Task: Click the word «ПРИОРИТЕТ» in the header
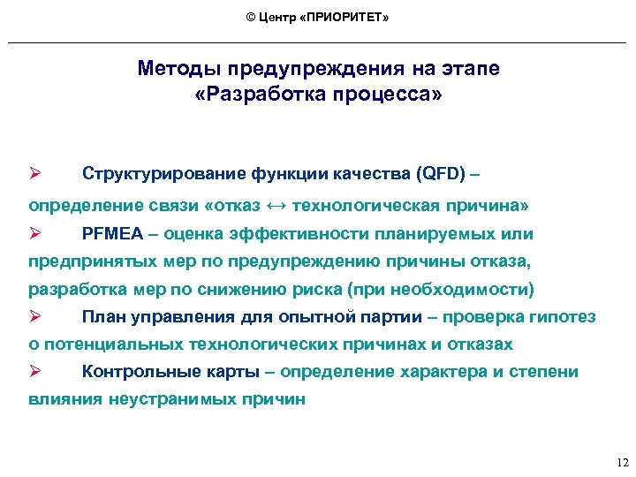346,19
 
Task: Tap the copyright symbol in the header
251,19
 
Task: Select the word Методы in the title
180,69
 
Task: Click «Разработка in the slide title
252,93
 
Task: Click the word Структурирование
152,171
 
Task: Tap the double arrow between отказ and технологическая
276,206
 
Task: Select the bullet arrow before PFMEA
35,234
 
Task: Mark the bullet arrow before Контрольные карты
35,372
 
